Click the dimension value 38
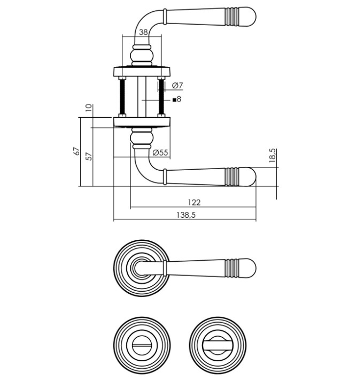tap(143, 32)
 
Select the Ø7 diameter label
tap(178, 86)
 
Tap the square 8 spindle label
tap(177, 99)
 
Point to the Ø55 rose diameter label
tap(160, 153)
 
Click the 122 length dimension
tap(194, 202)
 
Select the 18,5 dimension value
tap(272, 156)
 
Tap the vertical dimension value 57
tap(89, 156)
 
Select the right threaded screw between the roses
tap(160, 97)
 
